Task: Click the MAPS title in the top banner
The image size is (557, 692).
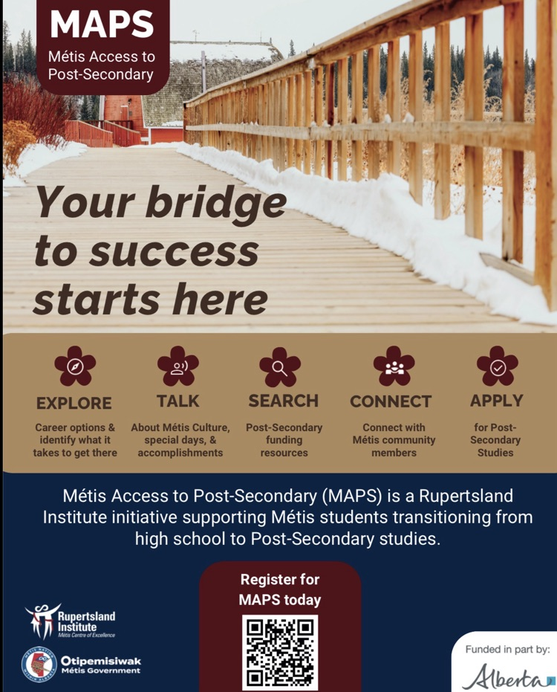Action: (x=102, y=25)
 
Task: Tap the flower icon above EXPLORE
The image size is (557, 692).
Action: (x=74, y=366)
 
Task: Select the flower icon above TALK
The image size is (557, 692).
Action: (x=177, y=366)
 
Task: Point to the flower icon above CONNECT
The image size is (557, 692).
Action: (x=394, y=366)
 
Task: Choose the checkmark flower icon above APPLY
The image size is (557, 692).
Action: (x=497, y=366)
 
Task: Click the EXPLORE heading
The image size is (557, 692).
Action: (x=74, y=403)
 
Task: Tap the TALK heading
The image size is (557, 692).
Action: (x=177, y=401)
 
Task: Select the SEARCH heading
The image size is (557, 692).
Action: (x=283, y=401)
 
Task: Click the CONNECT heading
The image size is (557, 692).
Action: (x=391, y=402)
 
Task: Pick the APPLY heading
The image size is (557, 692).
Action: (x=496, y=401)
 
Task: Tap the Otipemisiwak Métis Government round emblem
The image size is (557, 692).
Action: (x=39, y=664)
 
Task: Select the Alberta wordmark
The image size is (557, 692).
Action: (x=507, y=676)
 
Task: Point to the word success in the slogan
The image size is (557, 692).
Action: (x=174, y=252)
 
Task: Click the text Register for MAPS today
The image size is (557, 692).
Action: (x=280, y=589)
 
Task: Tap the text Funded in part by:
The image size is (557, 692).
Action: (x=507, y=650)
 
